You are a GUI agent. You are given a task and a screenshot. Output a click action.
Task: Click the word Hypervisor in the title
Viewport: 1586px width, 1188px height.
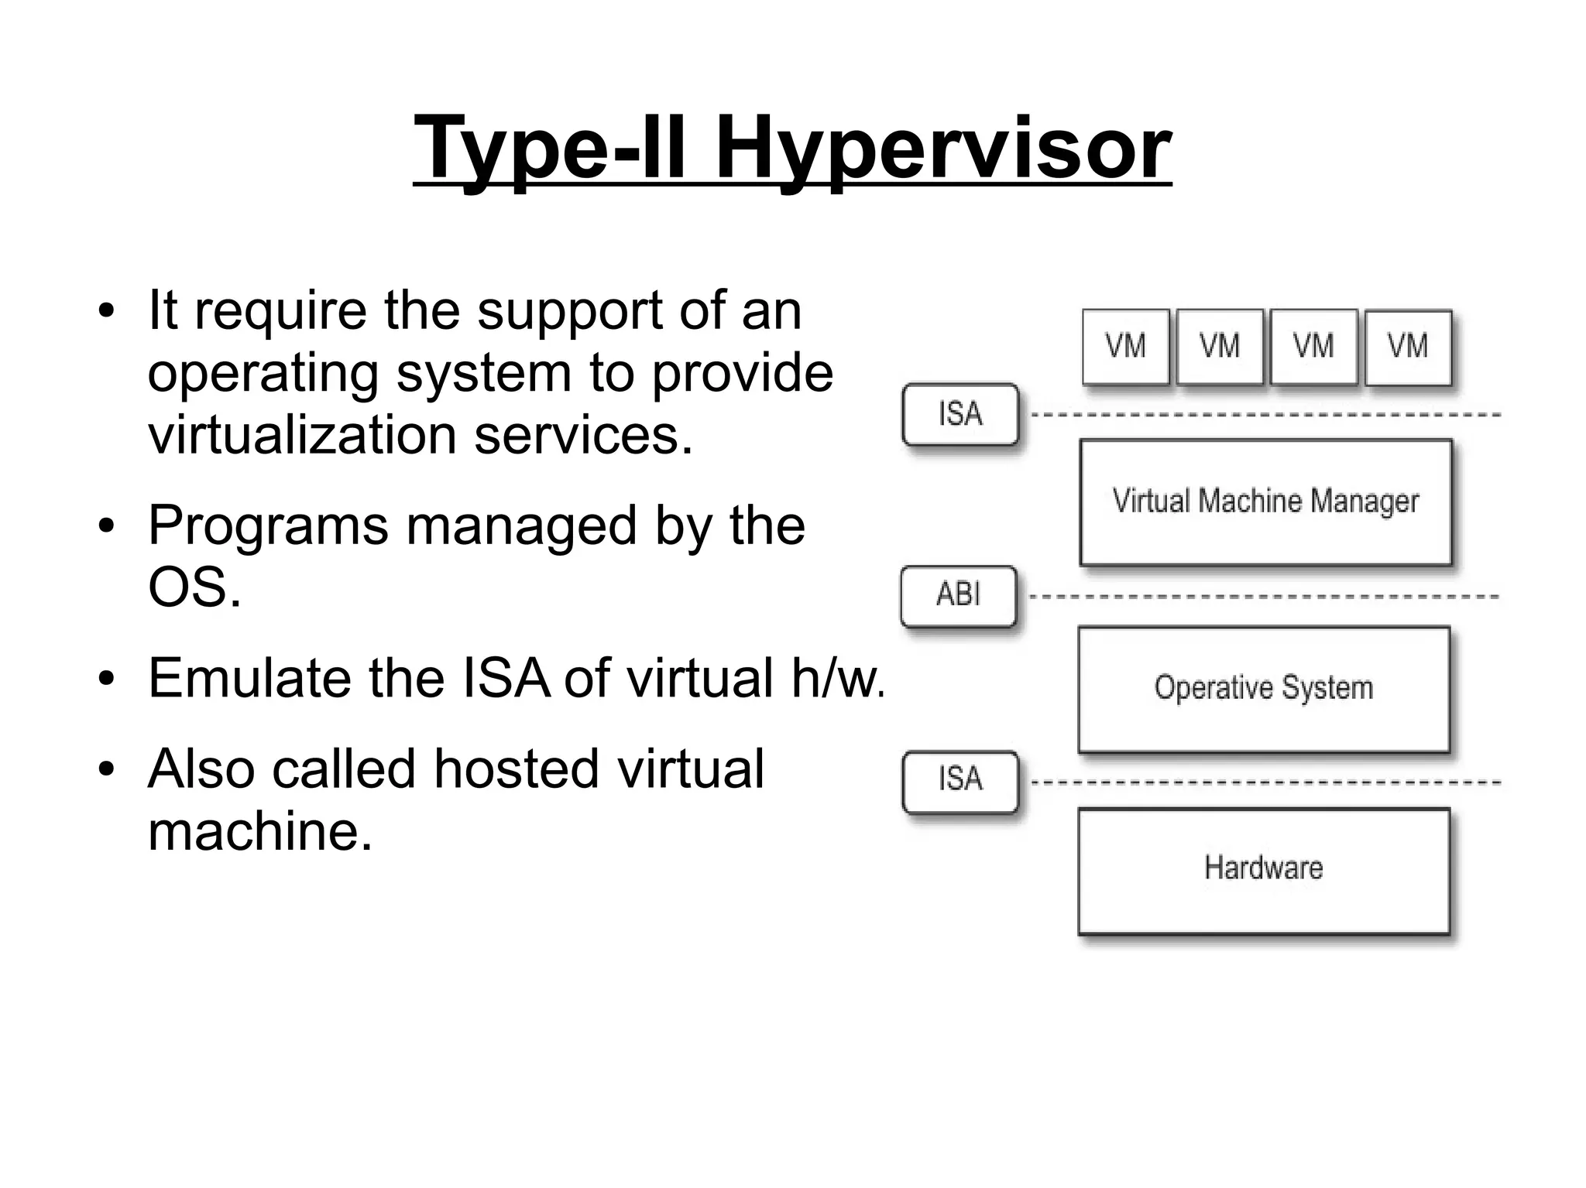(x=942, y=147)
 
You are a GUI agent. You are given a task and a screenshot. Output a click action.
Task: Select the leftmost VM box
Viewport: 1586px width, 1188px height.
(x=1125, y=347)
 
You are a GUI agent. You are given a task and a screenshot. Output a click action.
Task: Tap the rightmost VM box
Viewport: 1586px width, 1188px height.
(x=1408, y=347)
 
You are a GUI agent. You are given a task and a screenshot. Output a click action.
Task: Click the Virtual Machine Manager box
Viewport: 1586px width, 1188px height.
(x=1265, y=502)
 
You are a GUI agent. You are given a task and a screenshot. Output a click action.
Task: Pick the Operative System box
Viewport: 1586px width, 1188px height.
(x=1264, y=688)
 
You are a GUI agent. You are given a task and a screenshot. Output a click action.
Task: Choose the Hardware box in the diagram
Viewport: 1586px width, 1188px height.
(x=1264, y=870)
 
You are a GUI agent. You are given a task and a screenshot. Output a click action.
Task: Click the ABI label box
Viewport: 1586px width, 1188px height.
(x=959, y=595)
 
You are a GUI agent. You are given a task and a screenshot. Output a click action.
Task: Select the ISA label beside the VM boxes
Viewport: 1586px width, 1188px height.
(x=960, y=414)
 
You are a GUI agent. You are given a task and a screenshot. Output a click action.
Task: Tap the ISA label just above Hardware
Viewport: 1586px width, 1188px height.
(x=960, y=779)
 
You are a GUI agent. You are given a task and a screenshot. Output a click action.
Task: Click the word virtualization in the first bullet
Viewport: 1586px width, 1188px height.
(x=302, y=434)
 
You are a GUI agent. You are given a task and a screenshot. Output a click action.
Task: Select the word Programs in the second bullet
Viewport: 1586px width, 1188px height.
(x=268, y=526)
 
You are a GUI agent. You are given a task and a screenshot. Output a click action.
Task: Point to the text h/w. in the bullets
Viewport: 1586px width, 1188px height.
(x=837, y=678)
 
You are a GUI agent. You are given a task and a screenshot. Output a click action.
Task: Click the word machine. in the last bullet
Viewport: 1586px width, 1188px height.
(x=260, y=831)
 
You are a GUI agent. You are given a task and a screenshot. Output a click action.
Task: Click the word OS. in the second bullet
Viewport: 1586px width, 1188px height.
(x=194, y=588)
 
